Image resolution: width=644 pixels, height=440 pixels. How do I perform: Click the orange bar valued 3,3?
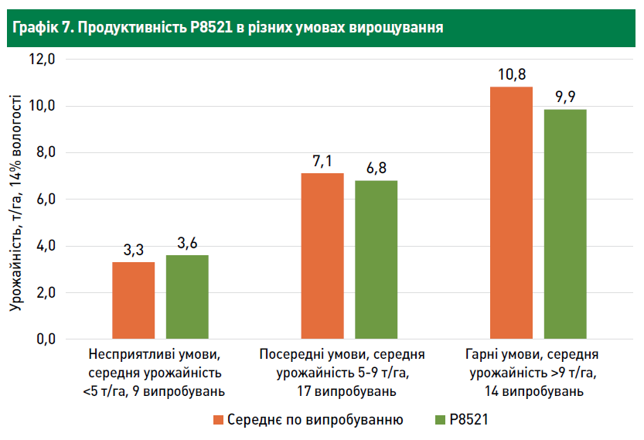click(133, 300)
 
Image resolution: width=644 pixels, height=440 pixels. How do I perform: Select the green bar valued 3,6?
click(187, 296)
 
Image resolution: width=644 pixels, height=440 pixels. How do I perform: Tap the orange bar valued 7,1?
click(322, 256)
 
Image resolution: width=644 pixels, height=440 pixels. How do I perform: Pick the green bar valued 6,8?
click(376, 259)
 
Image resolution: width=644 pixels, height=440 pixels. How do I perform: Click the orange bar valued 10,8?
click(511, 213)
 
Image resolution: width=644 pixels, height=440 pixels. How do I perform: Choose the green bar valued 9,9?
click(565, 223)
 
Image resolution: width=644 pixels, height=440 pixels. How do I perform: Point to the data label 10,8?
click(512, 76)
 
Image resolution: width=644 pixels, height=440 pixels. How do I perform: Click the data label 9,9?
click(565, 97)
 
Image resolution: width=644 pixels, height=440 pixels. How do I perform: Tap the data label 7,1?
click(322, 162)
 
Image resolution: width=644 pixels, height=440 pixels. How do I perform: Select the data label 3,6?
click(187, 244)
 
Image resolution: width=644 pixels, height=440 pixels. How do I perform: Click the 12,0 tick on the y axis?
click(43, 60)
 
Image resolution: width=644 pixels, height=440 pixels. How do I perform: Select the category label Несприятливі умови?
click(155, 356)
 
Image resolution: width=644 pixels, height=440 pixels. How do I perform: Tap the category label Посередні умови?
click(342, 356)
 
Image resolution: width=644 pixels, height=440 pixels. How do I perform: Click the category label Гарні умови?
click(532, 356)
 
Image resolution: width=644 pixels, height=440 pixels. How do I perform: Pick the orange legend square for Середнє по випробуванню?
click(218, 420)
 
